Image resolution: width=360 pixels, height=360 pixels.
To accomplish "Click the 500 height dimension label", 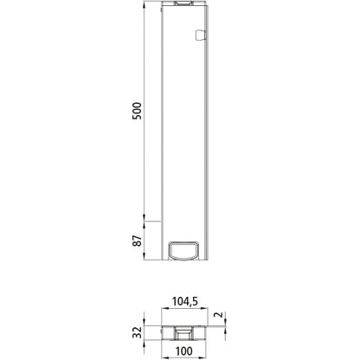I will pyautogui.click(x=136, y=112).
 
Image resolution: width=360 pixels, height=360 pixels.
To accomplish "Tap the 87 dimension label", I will pyautogui.click(x=136, y=241).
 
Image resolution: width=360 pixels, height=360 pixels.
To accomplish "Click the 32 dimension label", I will pyautogui.click(x=136, y=332).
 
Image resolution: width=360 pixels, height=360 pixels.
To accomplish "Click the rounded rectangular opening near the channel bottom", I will pyautogui.click(x=183, y=251).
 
